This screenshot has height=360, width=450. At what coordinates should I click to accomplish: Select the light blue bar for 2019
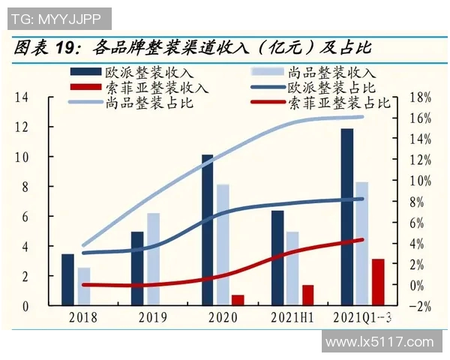[153, 259]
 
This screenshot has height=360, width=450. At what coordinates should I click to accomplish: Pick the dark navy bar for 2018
[67, 280]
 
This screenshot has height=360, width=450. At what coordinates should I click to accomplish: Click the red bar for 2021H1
[307, 295]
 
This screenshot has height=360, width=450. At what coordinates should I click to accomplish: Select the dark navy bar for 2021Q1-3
[346, 217]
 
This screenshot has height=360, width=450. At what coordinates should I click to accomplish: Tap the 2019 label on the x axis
[152, 317]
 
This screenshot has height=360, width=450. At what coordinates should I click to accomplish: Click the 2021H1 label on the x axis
[293, 317]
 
